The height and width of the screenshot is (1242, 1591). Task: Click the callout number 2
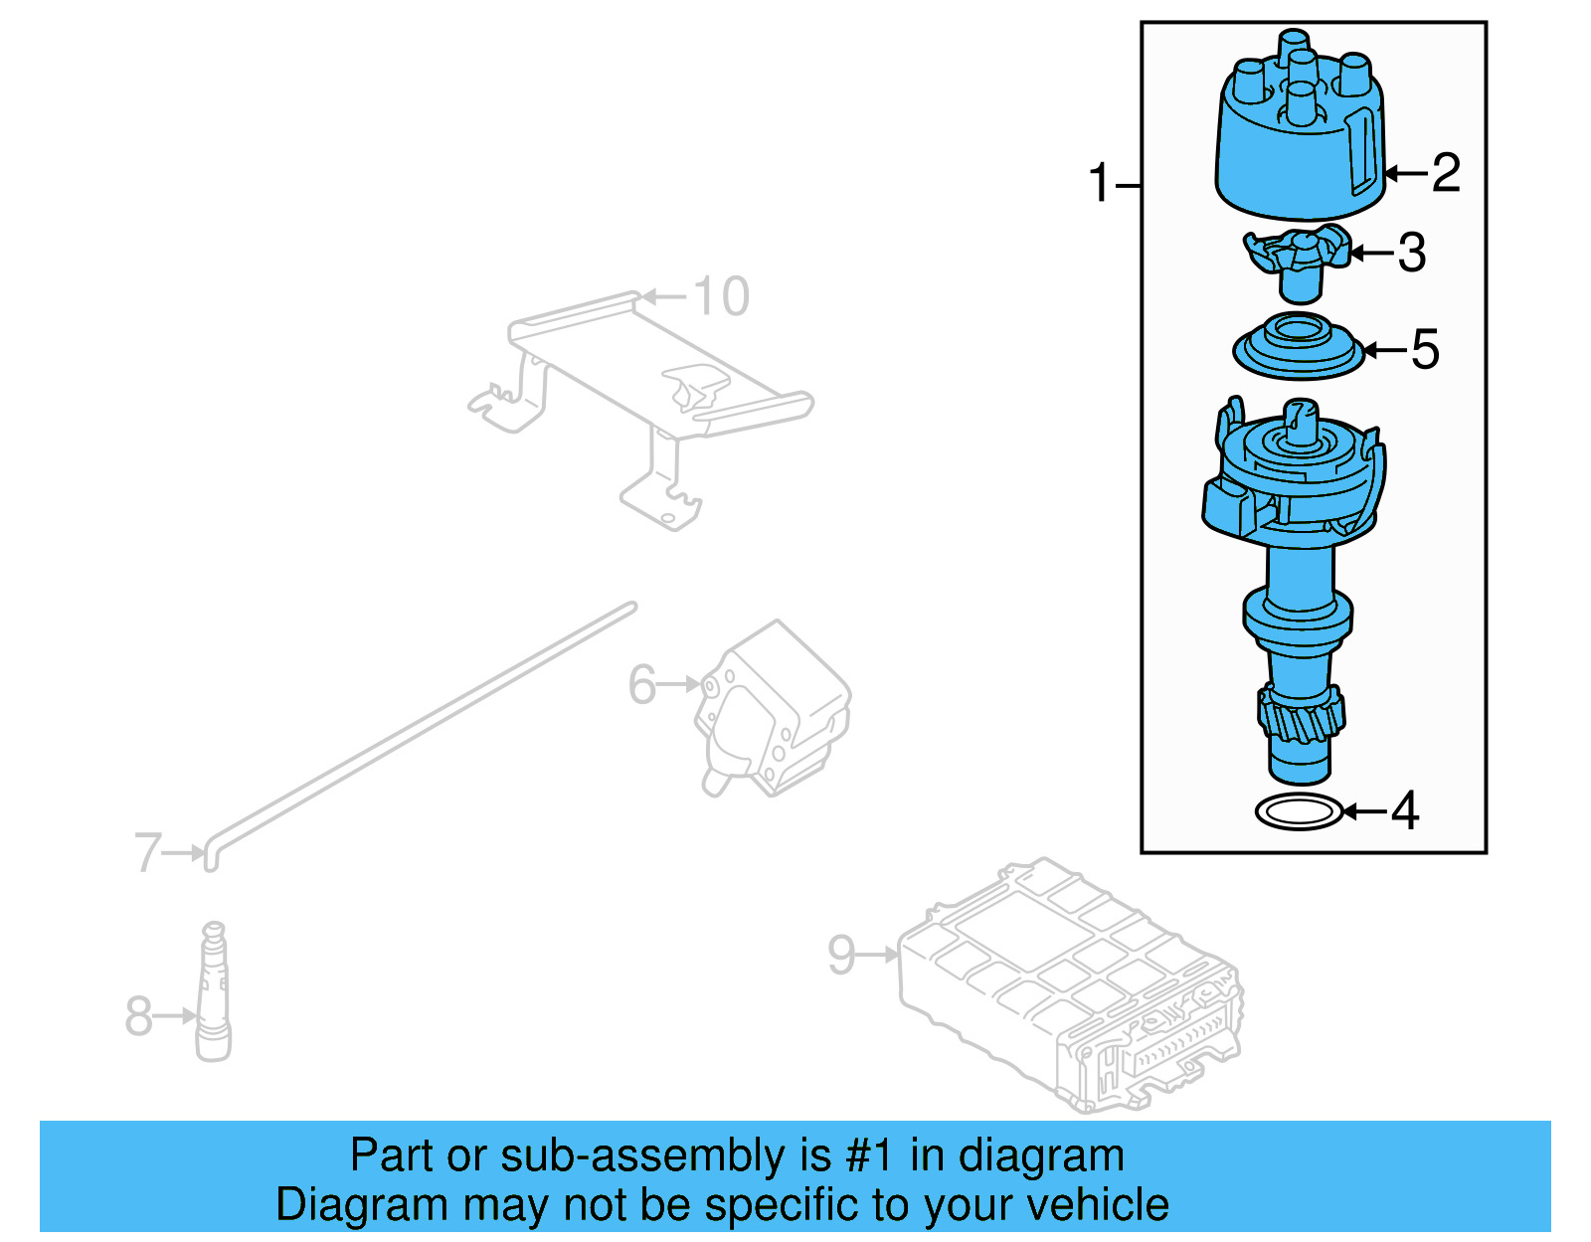tap(1446, 173)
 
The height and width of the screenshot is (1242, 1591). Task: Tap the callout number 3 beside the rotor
tap(1412, 253)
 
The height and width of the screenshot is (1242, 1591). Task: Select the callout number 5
tap(1425, 349)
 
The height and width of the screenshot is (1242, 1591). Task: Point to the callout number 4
tap(1404, 811)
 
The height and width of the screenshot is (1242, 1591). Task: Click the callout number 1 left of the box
tap(1099, 184)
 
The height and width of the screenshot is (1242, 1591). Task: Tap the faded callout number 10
tap(721, 296)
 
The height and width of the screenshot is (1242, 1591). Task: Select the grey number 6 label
tap(642, 684)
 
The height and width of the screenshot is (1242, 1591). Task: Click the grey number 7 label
tap(147, 852)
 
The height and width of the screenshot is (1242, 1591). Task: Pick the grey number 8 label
tap(139, 1015)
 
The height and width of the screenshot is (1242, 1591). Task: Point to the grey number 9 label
tap(841, 954)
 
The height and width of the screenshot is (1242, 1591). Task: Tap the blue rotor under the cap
tap(1298, 261)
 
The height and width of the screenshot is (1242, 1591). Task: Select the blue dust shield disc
tap(1298, 349)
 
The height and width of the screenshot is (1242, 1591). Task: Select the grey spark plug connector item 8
tap(213, 994)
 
